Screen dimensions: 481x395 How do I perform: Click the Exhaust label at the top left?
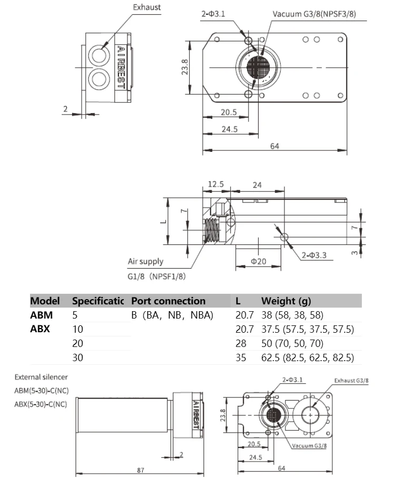coord(146,7)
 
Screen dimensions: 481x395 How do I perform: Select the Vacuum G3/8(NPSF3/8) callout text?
coord(314,13)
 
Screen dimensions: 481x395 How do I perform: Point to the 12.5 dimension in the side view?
coord(216,185)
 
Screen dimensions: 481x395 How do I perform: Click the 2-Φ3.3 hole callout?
coord(314,255)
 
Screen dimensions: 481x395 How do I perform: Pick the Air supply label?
coord(145,261)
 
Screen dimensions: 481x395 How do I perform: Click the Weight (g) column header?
coord(286,301)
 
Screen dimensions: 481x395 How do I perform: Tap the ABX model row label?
coord(41,330)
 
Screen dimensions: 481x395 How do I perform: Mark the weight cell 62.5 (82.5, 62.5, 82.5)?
coord(308,358)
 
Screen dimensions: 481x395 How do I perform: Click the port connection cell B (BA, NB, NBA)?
coord(172,315)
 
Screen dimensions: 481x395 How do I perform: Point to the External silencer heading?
coord(41,377)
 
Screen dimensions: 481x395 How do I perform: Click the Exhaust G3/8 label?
coord(354,381)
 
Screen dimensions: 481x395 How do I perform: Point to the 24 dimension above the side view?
coord(257,185)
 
